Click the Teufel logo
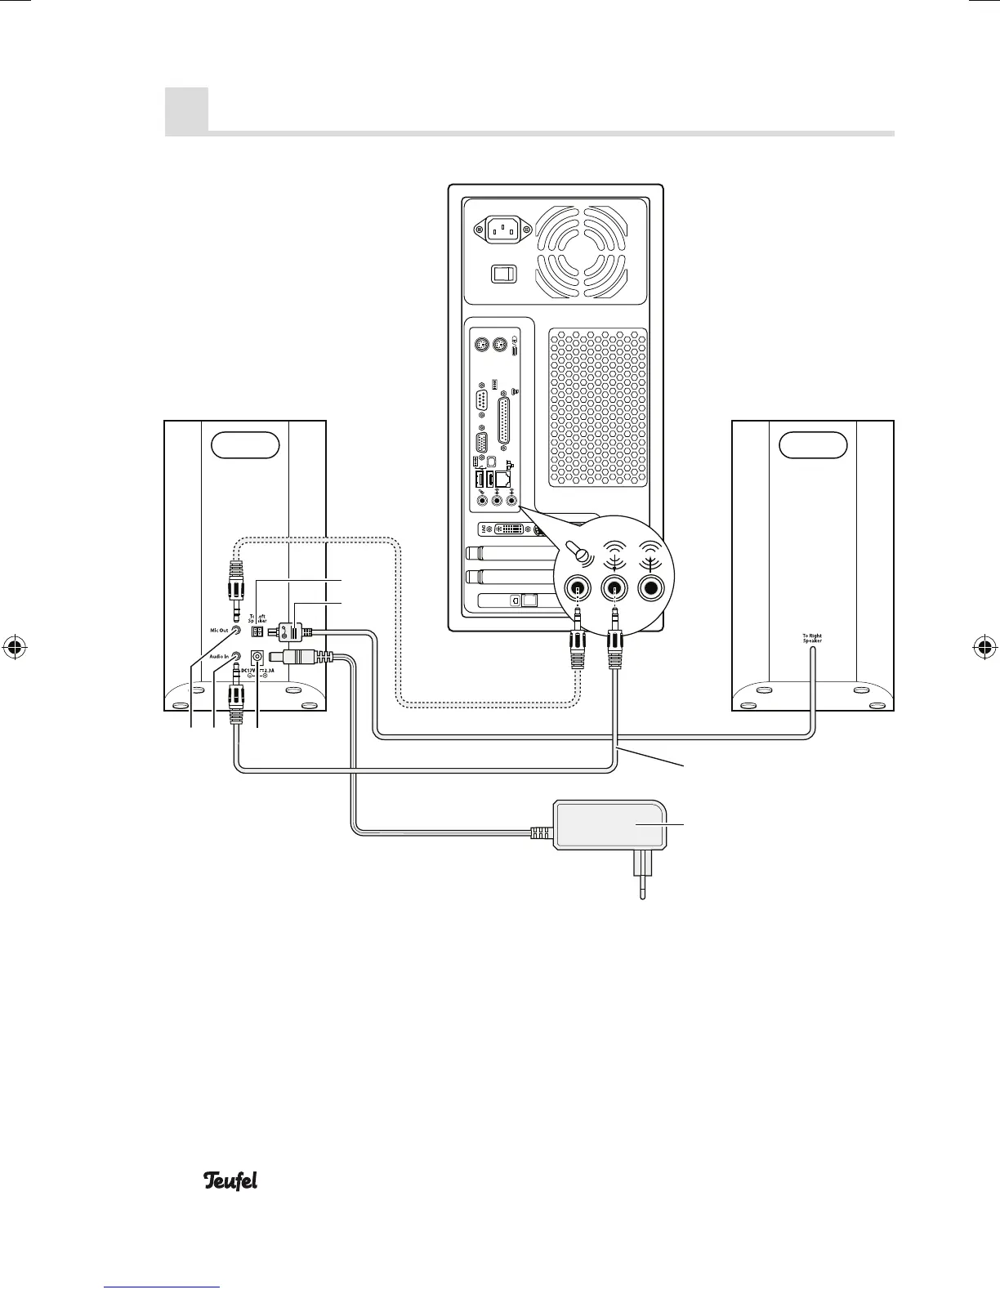click(x=230, y=1180)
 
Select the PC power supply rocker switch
click(x=503, y=273)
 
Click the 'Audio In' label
click(x=217, y=655)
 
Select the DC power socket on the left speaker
click(x=258, y=657)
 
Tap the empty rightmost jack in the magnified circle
click(x=652, y=587)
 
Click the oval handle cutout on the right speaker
click(x=813, y=444)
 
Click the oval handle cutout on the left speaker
click(x=245, y=444)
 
